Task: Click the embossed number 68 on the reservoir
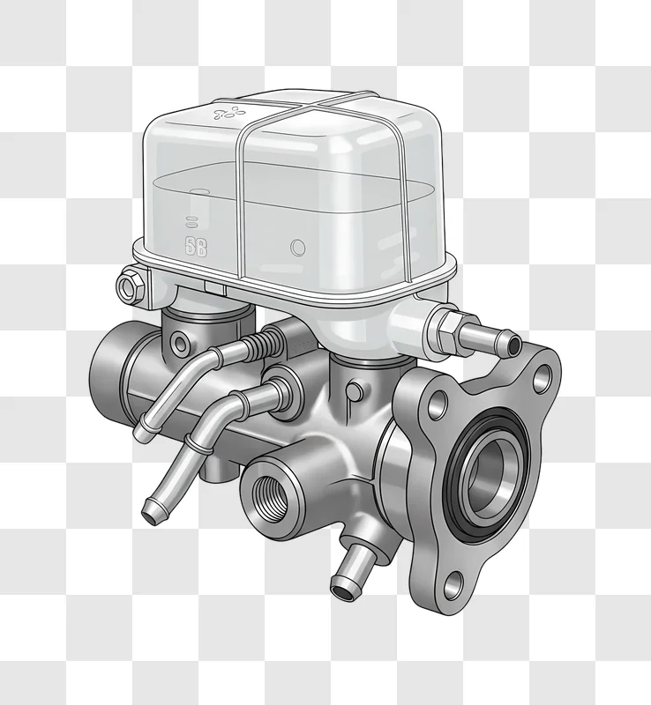195,247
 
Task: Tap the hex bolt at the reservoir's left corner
128,286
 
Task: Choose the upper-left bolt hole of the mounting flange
436,406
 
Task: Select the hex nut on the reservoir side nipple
444,330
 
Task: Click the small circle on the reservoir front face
297,247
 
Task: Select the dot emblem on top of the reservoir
227,113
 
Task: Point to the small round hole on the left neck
181,341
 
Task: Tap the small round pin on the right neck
354,388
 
